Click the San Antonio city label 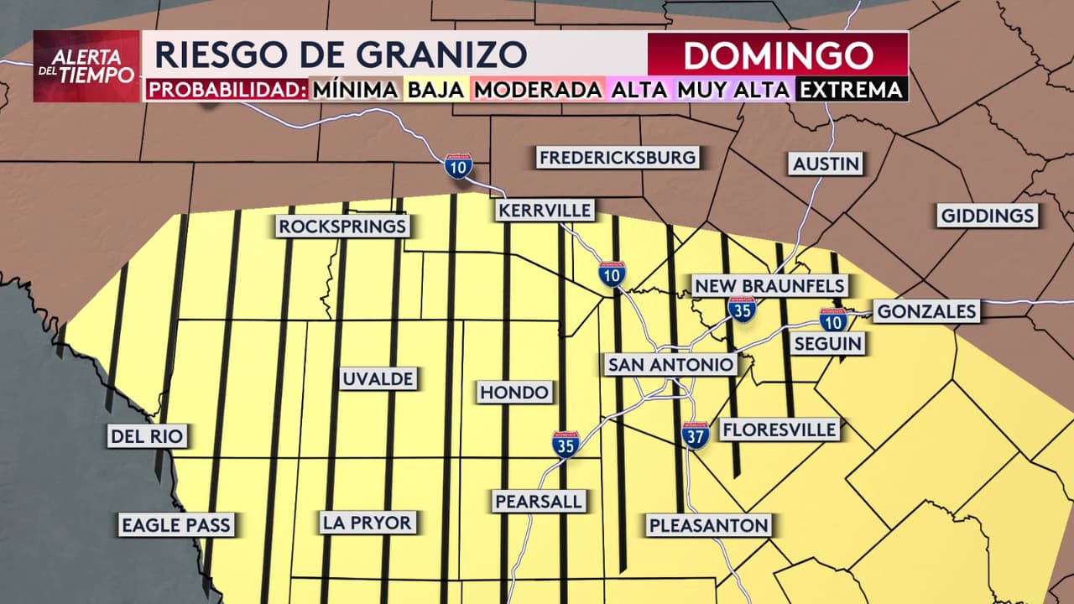click(x=670, y=365)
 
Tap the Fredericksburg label click(x=618, y=158)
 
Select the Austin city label click(x=826, y=164)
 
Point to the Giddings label click(x=988, y=216)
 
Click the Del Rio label click(x=147, y=436)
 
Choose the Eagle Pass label click(x=175, y=526)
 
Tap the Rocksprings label click(x=342, y=226)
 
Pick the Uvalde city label click(x=378, y=379)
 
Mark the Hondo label click(x=514, y=392)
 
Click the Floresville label click(x=779, y=430)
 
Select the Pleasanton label click(x=708, y=526)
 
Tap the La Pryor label click(x=367, y=523)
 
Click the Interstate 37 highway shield click(x=696, y=434)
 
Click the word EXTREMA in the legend click(x=851, y=89)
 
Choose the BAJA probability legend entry click(x=435, y=89)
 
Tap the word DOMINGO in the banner click(x=778, y=55)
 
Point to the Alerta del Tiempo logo click(x=86, y=66)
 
